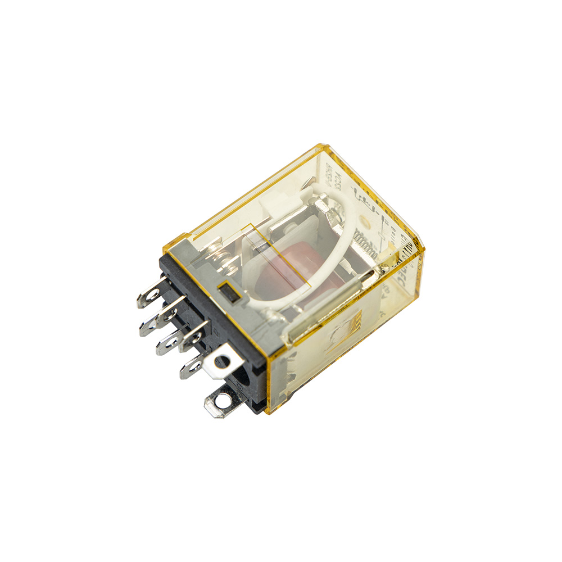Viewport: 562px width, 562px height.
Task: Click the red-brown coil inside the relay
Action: tap(281, 275)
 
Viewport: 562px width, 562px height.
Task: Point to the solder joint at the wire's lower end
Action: tap(275, 315)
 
